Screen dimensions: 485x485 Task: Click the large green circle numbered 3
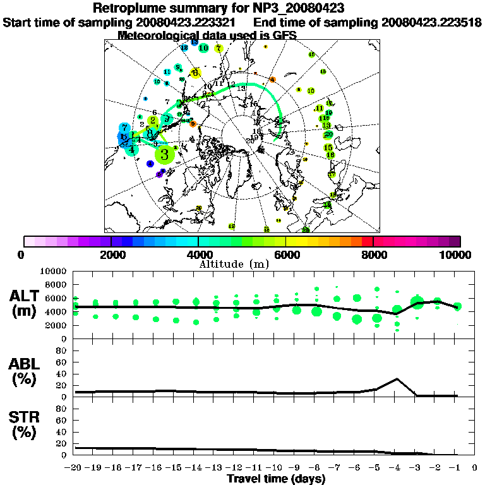pos(165,153)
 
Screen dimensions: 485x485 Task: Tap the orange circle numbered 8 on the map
pos(193,124)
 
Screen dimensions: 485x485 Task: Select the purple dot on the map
pos(159,174)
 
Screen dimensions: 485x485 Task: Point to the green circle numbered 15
pos(328,147)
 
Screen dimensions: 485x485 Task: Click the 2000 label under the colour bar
pos(111,255)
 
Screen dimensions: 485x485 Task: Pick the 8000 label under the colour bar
pos(373,255)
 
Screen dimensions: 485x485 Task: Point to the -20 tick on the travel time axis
pos(74,468)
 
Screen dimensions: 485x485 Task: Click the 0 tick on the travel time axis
pos(476,468)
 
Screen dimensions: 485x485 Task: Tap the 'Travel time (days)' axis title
pos(276,479)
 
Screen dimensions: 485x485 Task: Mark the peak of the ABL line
pos(396,379)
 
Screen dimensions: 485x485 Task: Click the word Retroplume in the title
pos(130,8)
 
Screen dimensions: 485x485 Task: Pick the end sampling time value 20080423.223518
pos(432,22)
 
